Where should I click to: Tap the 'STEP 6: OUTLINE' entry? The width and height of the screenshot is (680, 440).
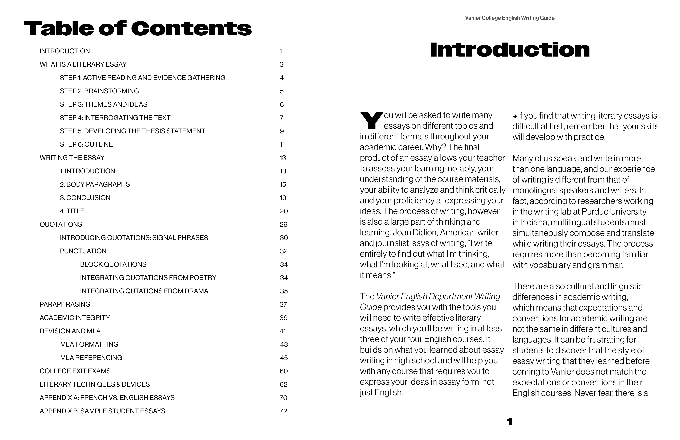click(86, 145)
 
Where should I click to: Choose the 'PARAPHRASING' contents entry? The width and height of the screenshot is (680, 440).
click(65, 305)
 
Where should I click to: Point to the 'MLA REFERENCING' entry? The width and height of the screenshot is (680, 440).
click(91, 358)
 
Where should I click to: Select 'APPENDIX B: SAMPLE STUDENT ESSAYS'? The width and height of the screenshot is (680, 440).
click(102, 411)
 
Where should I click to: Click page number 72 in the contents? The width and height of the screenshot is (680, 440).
click(283, 411)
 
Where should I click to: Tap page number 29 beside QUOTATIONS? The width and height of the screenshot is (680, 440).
click(283, 225)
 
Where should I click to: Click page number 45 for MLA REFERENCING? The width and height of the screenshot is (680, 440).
click(284, 358)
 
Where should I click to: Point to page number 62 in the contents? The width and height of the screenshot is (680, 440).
click(283, 385)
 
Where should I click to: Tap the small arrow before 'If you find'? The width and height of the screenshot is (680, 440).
click(515, 116)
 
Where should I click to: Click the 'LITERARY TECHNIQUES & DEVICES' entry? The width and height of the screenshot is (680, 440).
click(95, 385)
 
